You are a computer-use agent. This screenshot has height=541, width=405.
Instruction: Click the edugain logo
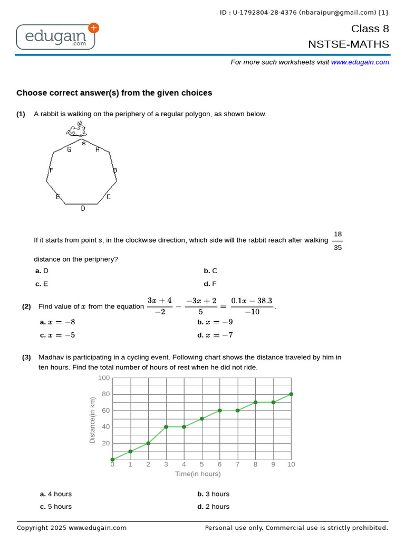[56, 36]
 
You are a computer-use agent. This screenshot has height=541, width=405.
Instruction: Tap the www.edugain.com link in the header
[360, 62]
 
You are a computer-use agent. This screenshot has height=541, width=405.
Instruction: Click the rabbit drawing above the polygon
[76, 128]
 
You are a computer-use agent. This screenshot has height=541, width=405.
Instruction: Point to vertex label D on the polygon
[83, 209]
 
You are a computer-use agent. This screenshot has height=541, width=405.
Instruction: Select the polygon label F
[51, 170]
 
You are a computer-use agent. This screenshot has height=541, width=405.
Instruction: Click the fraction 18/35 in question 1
[337, 240]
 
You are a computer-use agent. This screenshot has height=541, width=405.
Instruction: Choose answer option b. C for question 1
[210, 270]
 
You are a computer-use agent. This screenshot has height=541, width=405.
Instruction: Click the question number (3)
[26, 357]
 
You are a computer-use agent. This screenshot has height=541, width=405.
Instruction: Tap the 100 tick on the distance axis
[104, 378]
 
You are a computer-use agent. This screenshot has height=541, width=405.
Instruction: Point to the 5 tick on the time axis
[201, 464]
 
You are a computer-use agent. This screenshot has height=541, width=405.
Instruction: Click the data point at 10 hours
[291, 394]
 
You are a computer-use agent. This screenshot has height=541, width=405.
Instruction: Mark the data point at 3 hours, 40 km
[166, 427]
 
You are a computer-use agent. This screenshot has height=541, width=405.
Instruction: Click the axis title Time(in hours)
[198, 474]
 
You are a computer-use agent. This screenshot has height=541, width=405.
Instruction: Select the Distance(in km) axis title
[92, 419]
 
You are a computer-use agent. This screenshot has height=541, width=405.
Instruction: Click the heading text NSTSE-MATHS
[349, 44]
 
